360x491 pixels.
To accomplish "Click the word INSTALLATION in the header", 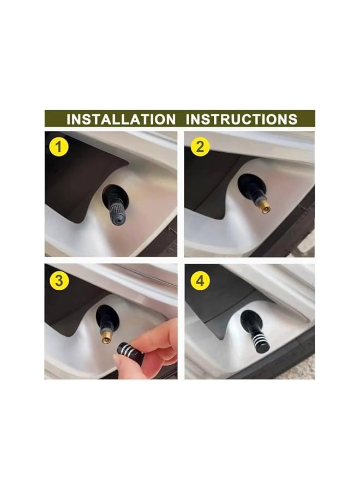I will coord(121,119).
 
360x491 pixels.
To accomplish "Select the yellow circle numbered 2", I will coord(200,146).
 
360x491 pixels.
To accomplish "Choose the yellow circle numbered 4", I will coord(200,280).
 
